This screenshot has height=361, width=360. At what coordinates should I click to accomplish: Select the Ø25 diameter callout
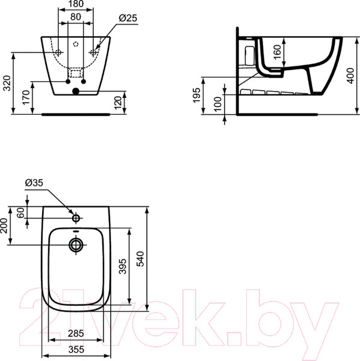128,18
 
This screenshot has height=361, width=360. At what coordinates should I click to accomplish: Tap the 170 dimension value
26,97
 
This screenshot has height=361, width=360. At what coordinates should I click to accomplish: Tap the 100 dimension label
217,103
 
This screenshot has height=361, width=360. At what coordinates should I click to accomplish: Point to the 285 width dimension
76,333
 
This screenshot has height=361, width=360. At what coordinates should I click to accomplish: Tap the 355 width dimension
76,348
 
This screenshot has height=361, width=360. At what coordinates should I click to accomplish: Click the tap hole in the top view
76,217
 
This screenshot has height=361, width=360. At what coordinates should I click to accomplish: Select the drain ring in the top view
76,244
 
